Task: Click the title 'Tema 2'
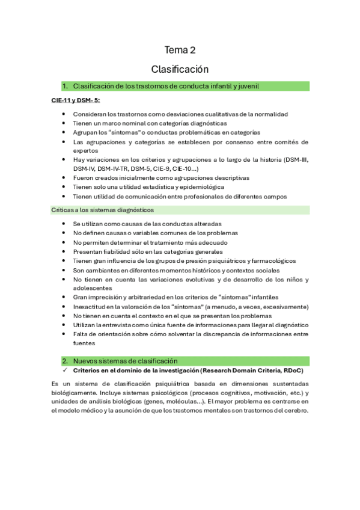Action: (180, 50)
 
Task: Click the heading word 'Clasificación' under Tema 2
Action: (180, 69)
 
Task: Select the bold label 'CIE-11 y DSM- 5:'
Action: (75, 100)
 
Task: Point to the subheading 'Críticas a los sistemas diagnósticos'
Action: (102, 210)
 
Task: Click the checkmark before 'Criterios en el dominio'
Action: (64, 370)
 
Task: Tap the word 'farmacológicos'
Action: (267, 260)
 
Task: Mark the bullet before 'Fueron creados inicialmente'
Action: (64, 178)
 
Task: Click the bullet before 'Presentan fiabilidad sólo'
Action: (64, 251)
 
